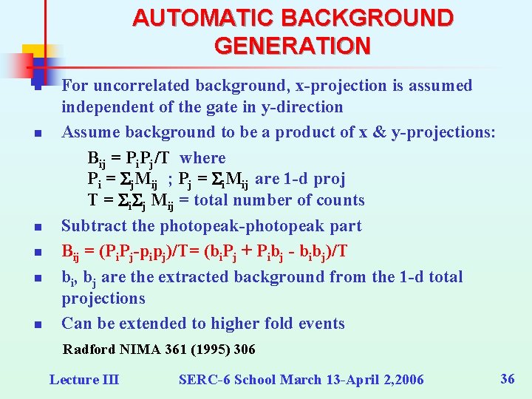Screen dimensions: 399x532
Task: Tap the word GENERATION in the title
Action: coord(293,46)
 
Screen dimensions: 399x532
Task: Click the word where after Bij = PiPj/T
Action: coord(203,157)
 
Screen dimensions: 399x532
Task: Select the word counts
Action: coord(341,200)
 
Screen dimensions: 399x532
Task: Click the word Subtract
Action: coord(92,226)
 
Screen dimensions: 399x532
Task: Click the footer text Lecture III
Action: coord(83,380)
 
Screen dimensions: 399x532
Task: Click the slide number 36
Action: coord(508,379)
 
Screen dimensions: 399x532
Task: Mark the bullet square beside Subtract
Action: coord(36,228)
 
